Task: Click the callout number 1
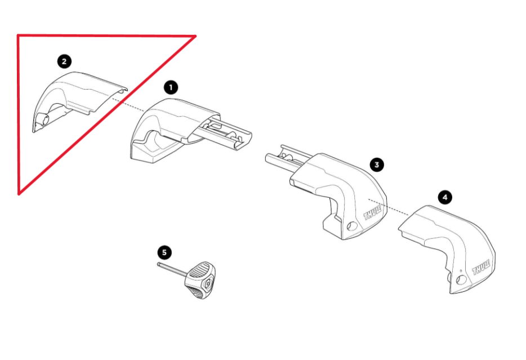click(171, 87)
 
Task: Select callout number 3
click(377, 164)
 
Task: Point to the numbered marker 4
click(445, 197)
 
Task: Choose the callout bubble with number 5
click(164, 252)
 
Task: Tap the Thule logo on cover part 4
click(483, 267)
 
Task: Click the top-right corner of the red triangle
click(195, 36)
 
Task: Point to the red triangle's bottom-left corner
click(19, 194)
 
